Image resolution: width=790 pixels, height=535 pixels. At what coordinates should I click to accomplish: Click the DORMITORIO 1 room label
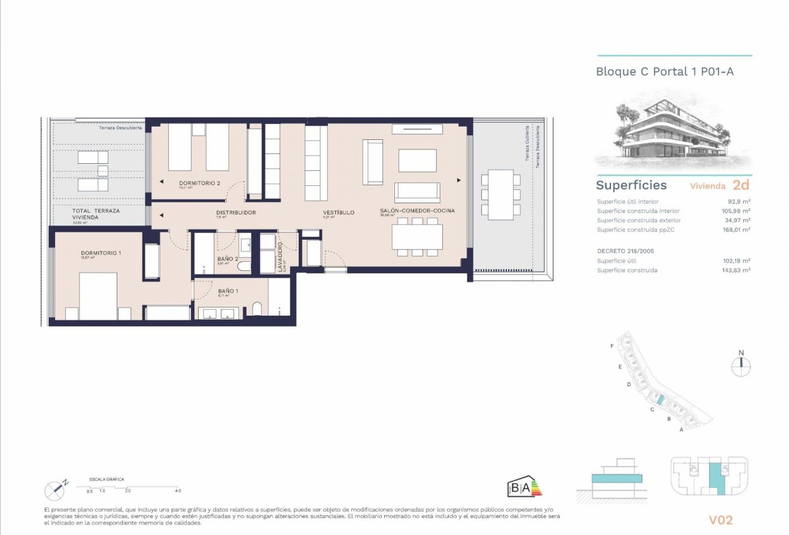tap(101, 253)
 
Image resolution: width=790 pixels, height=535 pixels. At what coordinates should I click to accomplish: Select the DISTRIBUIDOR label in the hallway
tap(236, 212)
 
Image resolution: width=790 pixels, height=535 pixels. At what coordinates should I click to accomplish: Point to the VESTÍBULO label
tap(339, 212)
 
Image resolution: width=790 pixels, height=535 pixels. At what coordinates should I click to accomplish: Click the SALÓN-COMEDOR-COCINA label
tap(417, 210)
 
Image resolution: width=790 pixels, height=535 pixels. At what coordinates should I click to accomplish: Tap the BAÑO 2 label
tap(228, 259)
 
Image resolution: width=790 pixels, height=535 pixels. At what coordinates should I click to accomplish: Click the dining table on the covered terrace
tap(500, 194)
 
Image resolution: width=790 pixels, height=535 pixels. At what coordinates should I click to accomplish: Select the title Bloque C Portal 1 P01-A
tap(664, 72)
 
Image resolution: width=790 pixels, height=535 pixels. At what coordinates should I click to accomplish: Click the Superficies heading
tap(631, 185)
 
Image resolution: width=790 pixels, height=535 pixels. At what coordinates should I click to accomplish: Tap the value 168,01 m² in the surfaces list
tap(736, 230)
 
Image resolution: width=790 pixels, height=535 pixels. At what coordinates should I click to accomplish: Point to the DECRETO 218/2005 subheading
tap(625, 251)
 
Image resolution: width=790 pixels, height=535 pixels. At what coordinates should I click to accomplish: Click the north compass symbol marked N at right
tap(741, 365)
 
